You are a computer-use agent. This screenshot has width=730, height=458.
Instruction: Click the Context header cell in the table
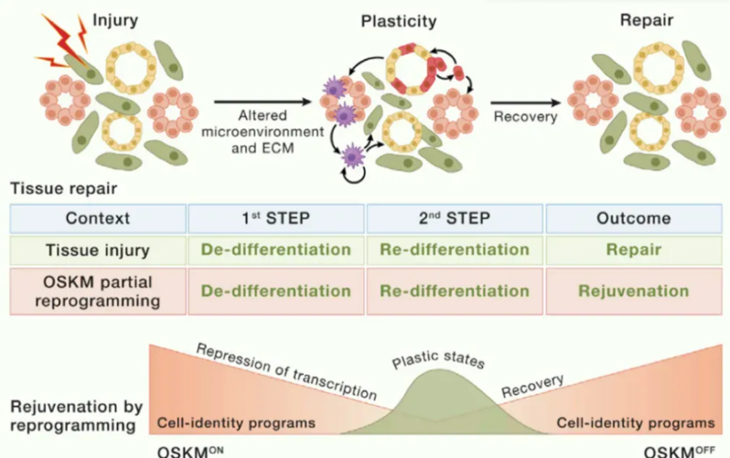click(98, 218)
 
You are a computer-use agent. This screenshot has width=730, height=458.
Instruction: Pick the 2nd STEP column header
click(455, 218)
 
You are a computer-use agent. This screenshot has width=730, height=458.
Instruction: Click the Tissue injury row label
click(98, 250)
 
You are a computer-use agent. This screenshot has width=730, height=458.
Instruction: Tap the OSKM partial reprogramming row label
click(98, 291)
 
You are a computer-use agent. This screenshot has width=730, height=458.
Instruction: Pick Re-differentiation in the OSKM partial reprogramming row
click(455, 291)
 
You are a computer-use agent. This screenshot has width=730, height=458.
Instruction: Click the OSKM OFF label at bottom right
click(678, 450)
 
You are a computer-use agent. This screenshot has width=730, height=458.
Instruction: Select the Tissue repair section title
click(53, 190)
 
